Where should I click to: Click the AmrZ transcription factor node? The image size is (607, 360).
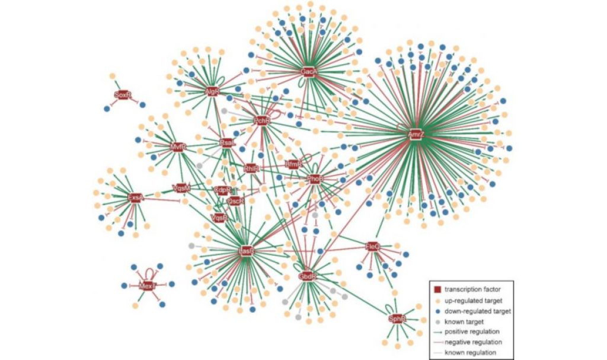click(x=416, y=135)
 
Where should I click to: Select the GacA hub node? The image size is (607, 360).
click(x=308, y=72)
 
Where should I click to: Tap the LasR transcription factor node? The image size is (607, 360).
click(x=246, y=251)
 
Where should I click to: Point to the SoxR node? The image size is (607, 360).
click(x=122, y=94)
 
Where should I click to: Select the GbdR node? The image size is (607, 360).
click(x=307, y=276)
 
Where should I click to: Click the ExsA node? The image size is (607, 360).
click(x=136, y=197)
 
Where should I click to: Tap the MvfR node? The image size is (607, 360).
click(x=178, y=146)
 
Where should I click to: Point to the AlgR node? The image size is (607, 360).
click(x=212, y=92)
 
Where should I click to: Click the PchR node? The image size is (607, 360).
click(x=261, y=121)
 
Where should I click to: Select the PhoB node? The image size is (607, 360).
click(x=315, y=179)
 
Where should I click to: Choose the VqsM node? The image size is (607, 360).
click(x=181, y=188)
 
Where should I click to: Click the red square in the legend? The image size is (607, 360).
click(x=437, y=289)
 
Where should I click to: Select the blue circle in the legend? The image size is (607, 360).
click(x=437, y=310)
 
